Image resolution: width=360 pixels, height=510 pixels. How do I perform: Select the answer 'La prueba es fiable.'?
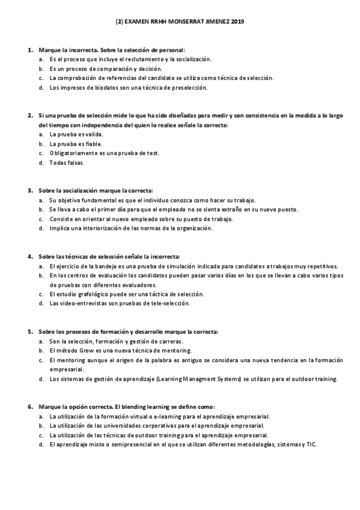click(76, 144)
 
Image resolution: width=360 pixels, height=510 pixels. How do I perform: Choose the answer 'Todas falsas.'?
click(67, 162)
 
